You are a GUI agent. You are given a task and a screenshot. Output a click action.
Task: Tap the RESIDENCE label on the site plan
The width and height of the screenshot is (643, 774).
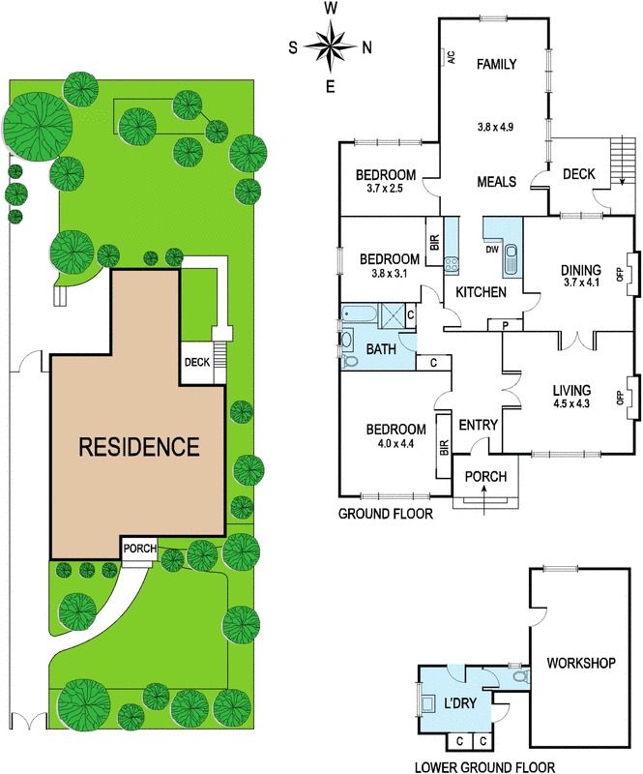pyautogui.click(x=139, y=447)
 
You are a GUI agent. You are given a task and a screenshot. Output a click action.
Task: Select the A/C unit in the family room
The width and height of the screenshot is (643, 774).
pyautogui.click(x=446, y=57)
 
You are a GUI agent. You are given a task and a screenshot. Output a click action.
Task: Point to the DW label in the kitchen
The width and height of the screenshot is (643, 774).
pyautogui.click(x=492, y=250)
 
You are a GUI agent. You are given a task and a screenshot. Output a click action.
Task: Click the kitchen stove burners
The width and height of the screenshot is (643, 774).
pyautogui.click(x=452, y=265)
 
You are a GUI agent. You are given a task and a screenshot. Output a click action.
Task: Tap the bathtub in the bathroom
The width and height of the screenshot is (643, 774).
pyautogui.click(x=360, y=313)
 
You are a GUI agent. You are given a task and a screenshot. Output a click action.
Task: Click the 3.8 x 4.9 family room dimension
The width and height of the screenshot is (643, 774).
pyautogui.click(x=495, y=127)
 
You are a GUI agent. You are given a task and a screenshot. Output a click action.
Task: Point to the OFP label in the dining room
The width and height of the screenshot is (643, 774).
pyautogui.click(x=621, y=274)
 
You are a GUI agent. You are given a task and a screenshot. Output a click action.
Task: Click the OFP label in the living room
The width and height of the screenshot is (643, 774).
pyautogui.click(x=621, y=398)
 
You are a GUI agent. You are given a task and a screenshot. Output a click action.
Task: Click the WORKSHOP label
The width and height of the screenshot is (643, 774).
pyautogui.click(x=581, y=663)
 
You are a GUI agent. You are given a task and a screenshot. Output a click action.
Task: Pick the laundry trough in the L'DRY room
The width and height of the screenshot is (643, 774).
pyautogui.click(x=427, y=703)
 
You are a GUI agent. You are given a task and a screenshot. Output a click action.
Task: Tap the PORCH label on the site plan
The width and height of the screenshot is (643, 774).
pyautogui.click(x=139, y=549)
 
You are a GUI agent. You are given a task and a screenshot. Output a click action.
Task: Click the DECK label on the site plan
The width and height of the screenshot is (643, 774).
pyautogui.click(x=197, y=362)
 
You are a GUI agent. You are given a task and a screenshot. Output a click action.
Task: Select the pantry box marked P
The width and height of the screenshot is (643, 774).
pyautogui.click(x=506, y=325)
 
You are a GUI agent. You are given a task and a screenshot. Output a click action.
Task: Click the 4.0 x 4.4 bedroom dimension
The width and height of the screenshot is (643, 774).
pyautogui.click(x=395, y=444)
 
